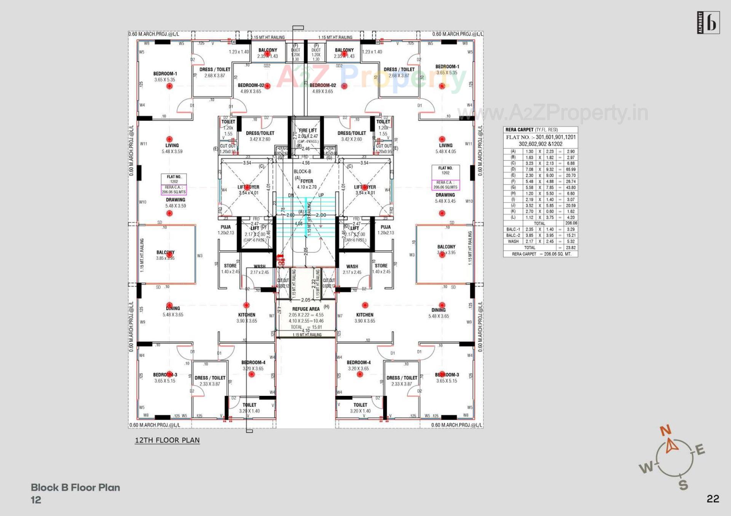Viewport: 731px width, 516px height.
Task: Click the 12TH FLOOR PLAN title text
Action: point(167,440)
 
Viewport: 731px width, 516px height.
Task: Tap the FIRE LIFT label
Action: point(308,130)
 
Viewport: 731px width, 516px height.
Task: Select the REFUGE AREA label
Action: point(306,309)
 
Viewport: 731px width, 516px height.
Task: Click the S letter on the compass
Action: point(683,485)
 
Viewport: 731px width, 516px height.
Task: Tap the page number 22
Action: point(713,499)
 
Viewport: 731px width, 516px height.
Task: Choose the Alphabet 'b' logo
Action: point(708,23)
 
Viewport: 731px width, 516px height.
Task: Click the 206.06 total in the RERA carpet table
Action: point(571,223)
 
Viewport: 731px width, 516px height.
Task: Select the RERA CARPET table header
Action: point(519,130)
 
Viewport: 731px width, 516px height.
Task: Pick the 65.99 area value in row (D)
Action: point(570,169)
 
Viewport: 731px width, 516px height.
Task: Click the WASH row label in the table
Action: point(513,241)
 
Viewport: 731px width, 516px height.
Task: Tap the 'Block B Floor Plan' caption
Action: point(75,487)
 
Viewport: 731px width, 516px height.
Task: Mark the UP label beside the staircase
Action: point(321,195)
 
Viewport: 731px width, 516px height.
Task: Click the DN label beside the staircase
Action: point(291,195)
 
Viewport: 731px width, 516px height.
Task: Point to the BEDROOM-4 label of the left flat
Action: point(253,362)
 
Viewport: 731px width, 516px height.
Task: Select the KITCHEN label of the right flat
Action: point(365,315)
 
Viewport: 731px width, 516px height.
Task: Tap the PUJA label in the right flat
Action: point(386,227)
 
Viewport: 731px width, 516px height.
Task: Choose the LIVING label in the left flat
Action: point(172,145)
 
